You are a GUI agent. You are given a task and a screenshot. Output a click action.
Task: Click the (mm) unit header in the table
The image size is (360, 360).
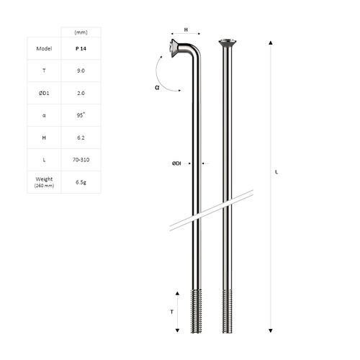81,32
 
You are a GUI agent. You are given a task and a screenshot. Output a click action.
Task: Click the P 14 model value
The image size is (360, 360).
81,48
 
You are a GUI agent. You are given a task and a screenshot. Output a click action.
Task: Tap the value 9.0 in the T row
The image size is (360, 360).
81,71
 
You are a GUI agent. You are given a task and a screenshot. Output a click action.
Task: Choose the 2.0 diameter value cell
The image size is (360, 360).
81,93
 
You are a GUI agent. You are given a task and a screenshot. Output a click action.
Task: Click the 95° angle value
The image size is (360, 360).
81,115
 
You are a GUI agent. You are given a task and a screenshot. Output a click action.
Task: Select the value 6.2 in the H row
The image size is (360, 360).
81,138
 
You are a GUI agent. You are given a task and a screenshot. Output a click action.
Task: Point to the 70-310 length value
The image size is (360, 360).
81,160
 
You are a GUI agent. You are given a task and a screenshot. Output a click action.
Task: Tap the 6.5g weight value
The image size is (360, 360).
81,181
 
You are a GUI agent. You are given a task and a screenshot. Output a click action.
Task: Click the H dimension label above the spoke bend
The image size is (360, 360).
186,30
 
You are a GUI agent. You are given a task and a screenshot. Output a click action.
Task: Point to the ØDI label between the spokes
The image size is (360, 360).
176,163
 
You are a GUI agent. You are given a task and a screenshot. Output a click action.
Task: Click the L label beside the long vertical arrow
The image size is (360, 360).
278,171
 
